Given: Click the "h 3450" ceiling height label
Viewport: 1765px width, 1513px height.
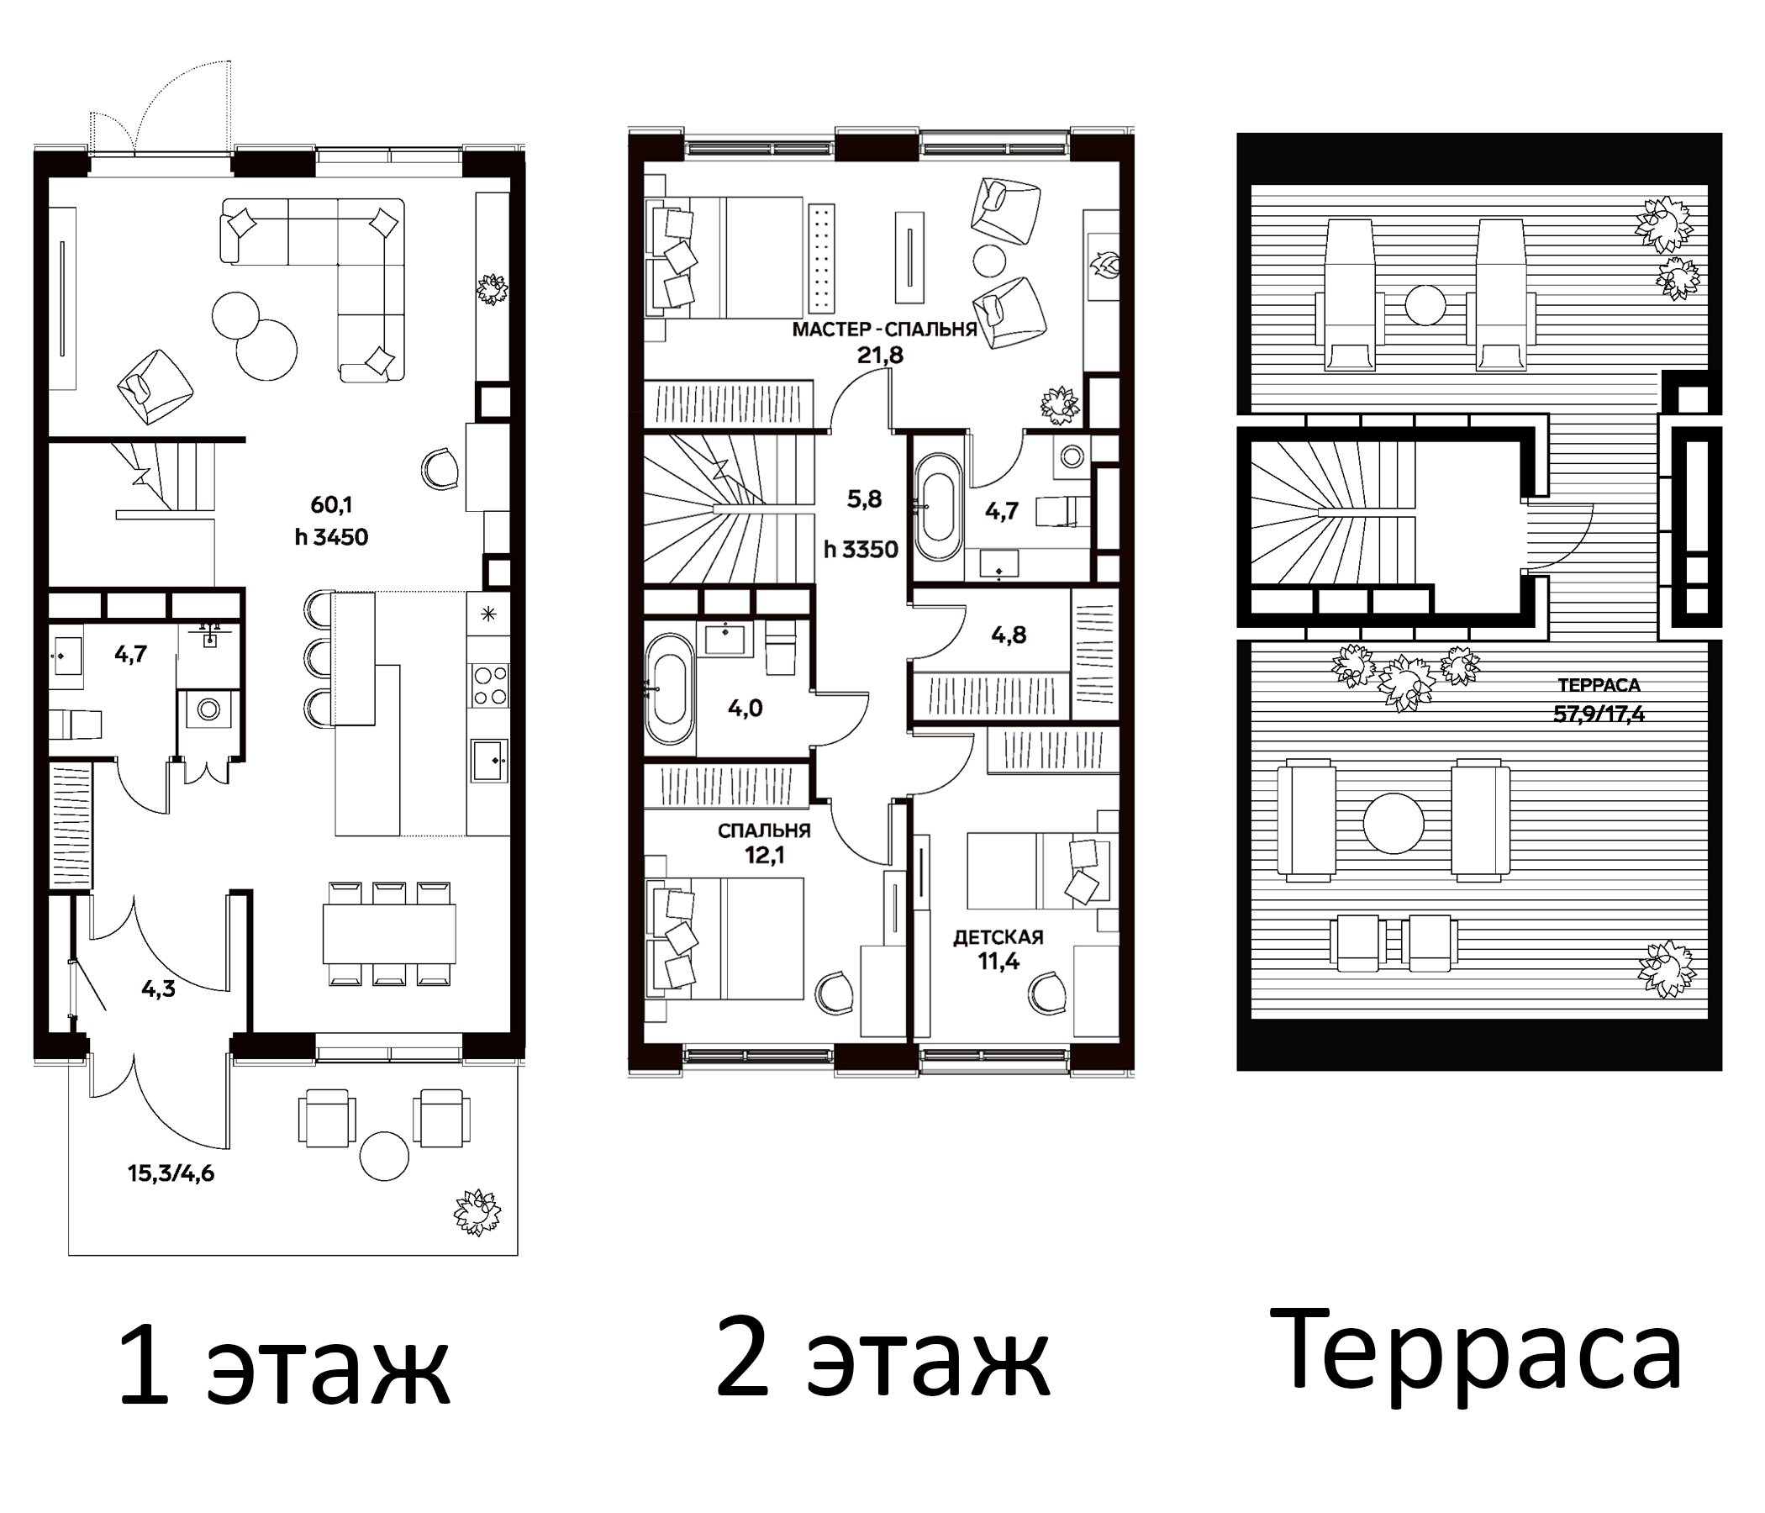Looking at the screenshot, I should tap(331, 538).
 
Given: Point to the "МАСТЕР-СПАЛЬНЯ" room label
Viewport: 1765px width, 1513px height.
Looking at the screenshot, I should tap(884, 330).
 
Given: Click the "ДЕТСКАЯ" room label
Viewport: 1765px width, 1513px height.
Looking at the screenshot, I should tap(998, 938).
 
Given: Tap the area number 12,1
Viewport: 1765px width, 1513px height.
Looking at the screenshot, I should tap(763, 856).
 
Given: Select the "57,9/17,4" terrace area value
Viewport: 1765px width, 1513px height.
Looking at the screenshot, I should tap(1598, 714).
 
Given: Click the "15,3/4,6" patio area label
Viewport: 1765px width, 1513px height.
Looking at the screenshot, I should tap(171, 1174).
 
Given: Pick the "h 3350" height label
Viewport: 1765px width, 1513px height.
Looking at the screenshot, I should tap(861, 550).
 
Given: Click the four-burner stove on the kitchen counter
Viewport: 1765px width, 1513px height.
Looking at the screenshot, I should tap(489, 686).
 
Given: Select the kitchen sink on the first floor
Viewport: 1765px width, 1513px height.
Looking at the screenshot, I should tap(489, 761).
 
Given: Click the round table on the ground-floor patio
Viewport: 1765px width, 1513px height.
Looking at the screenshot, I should tap(384, 1156).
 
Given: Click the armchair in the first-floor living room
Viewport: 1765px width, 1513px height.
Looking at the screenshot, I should tap(154, 386).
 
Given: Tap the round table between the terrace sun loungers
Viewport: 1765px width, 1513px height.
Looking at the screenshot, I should tap(1425, 305).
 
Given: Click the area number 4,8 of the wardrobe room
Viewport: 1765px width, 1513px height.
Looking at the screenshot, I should tap(1009, 635).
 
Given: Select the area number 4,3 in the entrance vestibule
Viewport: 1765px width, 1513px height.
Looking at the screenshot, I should tap(159, 989).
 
